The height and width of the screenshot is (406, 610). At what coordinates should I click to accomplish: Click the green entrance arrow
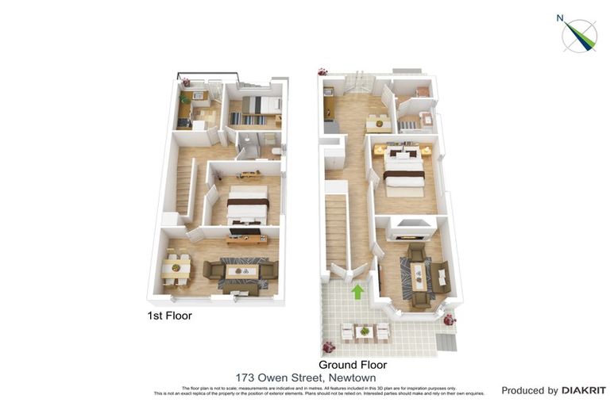click(357, 292)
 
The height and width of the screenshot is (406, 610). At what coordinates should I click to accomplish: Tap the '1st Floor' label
click(170, 316)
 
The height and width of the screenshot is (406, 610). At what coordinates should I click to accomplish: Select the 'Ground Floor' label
click(352, 365)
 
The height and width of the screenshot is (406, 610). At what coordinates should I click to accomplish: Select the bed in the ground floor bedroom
click(404, 171)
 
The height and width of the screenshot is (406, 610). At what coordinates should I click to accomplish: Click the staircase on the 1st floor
click(184, 187)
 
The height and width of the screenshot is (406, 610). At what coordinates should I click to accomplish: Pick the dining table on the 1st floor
click(176, 268)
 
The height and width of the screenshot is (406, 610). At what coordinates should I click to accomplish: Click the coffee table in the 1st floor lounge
click(241, 271)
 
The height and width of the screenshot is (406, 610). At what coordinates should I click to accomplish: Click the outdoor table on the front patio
click(364, 331)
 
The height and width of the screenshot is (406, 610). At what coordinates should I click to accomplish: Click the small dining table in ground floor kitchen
click(378, 122)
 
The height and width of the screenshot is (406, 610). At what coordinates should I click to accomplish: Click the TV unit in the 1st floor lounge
click(246, 239)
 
